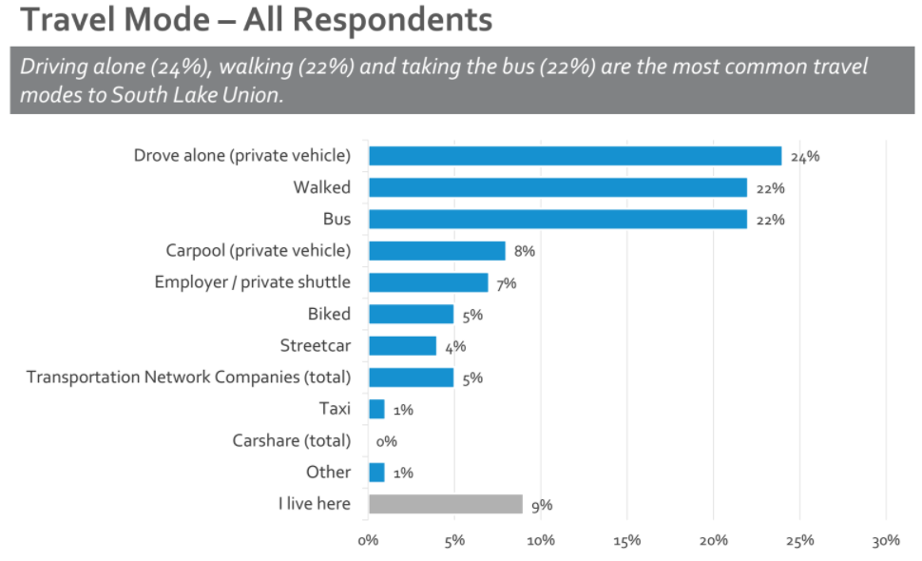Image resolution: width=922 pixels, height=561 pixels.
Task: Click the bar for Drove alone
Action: point(574,156)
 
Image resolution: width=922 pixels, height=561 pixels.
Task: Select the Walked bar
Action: point(557,187)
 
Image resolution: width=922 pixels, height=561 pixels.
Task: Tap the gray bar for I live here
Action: point(445,504)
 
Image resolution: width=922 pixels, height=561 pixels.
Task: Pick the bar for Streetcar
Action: point(402,345)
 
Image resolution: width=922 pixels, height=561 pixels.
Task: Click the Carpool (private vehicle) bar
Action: point(436,251)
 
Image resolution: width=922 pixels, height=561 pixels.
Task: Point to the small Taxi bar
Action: point(376,409)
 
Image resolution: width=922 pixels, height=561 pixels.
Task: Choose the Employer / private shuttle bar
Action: point(428,282)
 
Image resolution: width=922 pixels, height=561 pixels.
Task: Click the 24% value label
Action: point(804,157)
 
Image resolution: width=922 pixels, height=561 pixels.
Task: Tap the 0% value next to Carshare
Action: point(386,441)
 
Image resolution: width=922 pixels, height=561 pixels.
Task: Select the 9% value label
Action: point(542,505)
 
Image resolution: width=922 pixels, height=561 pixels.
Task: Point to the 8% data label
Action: point(525,252)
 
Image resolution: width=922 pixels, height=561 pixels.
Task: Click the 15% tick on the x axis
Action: point(627,540)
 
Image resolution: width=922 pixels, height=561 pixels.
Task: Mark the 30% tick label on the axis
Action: point(885,540)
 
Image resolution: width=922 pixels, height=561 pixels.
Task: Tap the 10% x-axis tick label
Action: point(541,540)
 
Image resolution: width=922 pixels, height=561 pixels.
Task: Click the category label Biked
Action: point(329,314)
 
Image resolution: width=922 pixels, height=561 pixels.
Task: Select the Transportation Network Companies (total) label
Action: point(188,377)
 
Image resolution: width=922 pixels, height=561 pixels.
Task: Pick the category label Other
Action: point(328,473)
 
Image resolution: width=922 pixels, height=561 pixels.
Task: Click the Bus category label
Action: point(336,219)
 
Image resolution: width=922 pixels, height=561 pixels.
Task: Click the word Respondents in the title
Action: point(398,20)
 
